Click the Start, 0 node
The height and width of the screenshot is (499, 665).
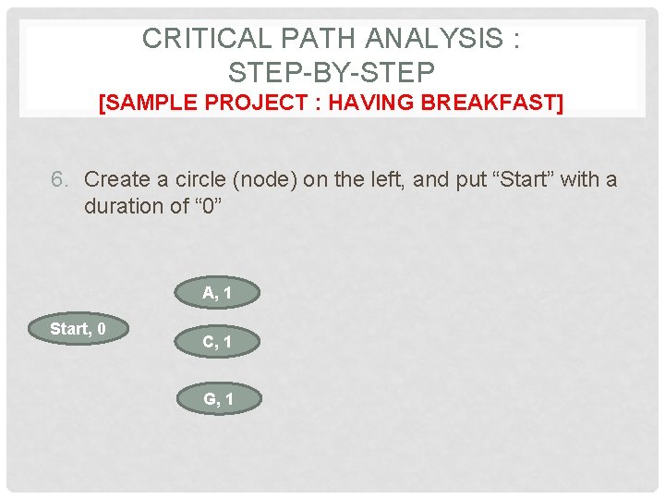[x=78, y=329]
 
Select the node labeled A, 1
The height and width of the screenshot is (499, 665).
[x=217, y=294]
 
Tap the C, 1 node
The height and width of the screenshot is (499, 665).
[x=217, y=342]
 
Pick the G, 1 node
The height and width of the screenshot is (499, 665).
[x=217, y=399]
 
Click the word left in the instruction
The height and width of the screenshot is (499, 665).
[x=388, y=179]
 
